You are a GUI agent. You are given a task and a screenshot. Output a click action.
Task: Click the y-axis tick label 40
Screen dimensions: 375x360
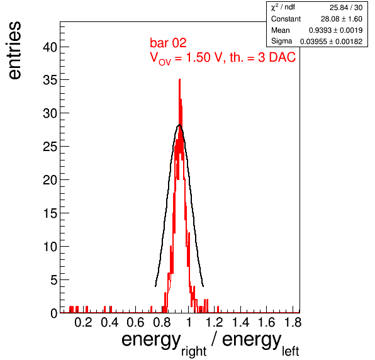click(x=50, y=47)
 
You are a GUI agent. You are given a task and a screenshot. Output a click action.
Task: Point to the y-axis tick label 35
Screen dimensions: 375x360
click(x=50, y=81)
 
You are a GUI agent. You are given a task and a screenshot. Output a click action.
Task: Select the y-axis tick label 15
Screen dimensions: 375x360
click(x=50, y=213)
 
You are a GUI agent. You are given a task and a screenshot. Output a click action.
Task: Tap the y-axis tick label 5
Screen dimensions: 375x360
click(x=54, y=280)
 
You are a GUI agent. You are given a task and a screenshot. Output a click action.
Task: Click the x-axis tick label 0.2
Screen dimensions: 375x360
click(x=83, y=322)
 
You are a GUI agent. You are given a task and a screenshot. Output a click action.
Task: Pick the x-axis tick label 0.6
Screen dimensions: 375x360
click(x=135, y=322)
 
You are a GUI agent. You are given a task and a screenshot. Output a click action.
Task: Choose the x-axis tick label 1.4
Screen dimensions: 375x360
click(x=240, y=322)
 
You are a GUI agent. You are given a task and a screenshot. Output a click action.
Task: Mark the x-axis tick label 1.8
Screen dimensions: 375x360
click(x=293, y=322)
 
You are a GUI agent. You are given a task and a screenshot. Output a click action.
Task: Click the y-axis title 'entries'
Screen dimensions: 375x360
click(x=15, y=50)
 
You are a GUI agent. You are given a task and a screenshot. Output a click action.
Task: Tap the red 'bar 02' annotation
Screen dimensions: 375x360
click(x=168, y=43)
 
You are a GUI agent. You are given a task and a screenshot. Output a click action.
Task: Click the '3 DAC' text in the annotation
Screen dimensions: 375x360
click(x=277, y=57)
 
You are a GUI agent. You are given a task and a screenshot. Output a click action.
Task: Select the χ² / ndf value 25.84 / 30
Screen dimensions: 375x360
click(x=346, y=8)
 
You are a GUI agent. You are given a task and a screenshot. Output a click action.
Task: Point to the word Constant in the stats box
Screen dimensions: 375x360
click(x=286, y=19)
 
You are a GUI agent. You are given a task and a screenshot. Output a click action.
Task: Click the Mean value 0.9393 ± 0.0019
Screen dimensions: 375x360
click(x=335, y=30)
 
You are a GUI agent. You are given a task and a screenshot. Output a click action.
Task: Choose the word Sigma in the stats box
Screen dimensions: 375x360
click(x=281, y=41)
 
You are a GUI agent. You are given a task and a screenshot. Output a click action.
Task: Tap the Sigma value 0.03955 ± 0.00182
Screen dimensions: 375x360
click(x=331, y=42)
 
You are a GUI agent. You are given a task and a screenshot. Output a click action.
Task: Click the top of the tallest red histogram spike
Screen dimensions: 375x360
click(x=179, y=79)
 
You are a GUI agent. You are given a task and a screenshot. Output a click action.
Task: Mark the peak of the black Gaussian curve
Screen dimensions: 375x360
click(x=179, y=125)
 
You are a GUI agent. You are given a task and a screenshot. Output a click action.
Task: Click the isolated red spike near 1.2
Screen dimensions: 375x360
click(x=218, y=309)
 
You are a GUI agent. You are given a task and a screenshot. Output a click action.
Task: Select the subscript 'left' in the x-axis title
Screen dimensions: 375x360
click(x=290, y=351)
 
